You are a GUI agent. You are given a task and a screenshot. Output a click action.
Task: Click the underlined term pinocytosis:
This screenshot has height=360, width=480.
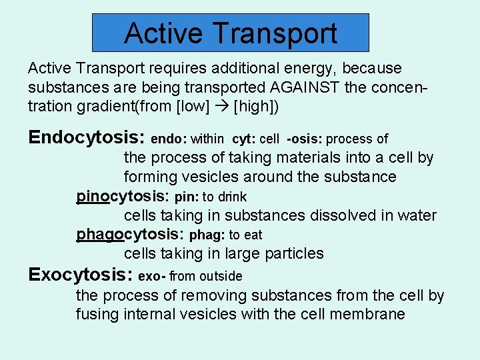[x=123, y=197]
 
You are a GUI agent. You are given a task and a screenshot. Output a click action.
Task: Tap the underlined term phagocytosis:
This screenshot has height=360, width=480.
[x=131, y=235]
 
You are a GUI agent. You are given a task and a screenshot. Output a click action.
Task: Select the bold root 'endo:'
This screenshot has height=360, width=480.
[x=169, y=139]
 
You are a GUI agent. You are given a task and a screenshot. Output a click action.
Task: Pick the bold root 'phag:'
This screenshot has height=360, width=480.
[x=207, y=235]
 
